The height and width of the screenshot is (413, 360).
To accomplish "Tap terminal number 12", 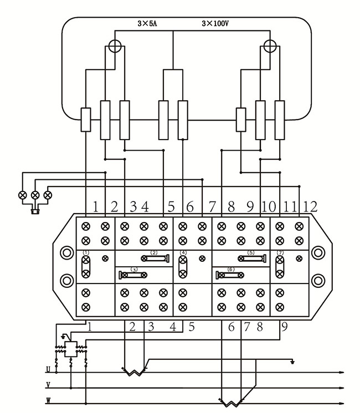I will click(x=311, y=207).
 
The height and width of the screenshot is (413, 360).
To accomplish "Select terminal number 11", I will click(x=290, y=207).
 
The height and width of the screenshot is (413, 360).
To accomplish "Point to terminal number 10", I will click(x=269, y=207).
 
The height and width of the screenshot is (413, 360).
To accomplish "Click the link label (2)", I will click(x=154, y=252).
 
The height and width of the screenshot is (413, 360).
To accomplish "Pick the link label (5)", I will click(x=250, y=252).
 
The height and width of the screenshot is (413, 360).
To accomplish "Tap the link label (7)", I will click(x=280, y=252).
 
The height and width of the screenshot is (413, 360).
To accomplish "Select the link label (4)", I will click(x=183, y=252).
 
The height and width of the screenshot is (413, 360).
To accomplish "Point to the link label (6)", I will click(x=231, y=269).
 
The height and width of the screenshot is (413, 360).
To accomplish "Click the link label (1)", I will click(x=86, y=252).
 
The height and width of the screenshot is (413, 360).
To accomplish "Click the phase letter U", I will click(x=48, y=369).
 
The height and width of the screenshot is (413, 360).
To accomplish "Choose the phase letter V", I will click(x=48, y=385).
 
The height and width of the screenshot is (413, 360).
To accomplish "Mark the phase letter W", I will click(x=48, y=400).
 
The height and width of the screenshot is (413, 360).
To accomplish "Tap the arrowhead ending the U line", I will click(x=346, y=372).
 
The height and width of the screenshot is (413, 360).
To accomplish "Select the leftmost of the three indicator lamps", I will click(x=23, y=195).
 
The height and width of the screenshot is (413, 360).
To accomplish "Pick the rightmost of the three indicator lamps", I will click(x=48, y=195).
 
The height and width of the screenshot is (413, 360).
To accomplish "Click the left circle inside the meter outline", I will click(x=115, y=45).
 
